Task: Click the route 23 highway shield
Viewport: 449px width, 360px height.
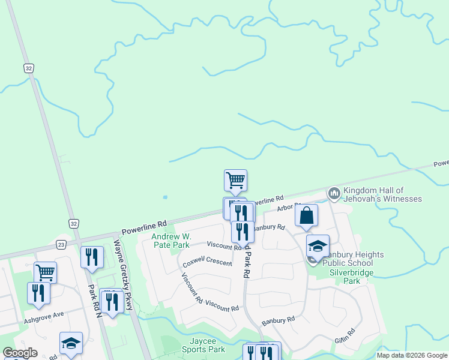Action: click(x=61, y=244)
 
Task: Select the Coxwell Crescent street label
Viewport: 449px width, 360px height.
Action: click(x=207, y=263)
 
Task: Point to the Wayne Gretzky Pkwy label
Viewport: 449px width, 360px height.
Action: click(x=124, y=275)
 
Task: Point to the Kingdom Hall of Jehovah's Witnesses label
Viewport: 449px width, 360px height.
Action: click(x=382, y=194)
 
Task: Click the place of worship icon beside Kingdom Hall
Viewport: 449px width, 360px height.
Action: click(x=334, y=194)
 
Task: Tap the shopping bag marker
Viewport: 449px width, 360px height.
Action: click(x=306, y=216)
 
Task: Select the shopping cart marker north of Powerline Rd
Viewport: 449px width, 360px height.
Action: click(x=235, y=179)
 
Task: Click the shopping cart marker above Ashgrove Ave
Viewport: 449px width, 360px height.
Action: click(x=45, y=272)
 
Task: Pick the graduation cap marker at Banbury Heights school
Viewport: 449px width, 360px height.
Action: click(x=318, y=245)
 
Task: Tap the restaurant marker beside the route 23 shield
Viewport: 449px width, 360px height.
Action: click(x=92, y=257)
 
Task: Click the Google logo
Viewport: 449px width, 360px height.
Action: click(x=20, y=353)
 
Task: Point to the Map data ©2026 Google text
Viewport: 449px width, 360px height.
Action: click(x=411, y=355)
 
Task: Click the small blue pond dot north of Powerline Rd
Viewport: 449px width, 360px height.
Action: click(x=165, y=197)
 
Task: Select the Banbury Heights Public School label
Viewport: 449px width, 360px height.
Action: click(x=354, y=259)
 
